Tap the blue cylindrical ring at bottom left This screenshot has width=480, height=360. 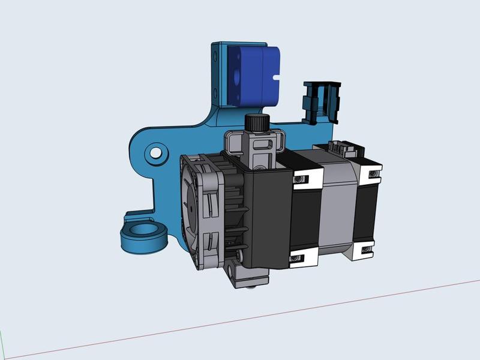[x=143, y=237]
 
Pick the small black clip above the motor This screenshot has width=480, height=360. [x=320, y=102]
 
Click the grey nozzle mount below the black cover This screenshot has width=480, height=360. [x=246, y=276]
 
